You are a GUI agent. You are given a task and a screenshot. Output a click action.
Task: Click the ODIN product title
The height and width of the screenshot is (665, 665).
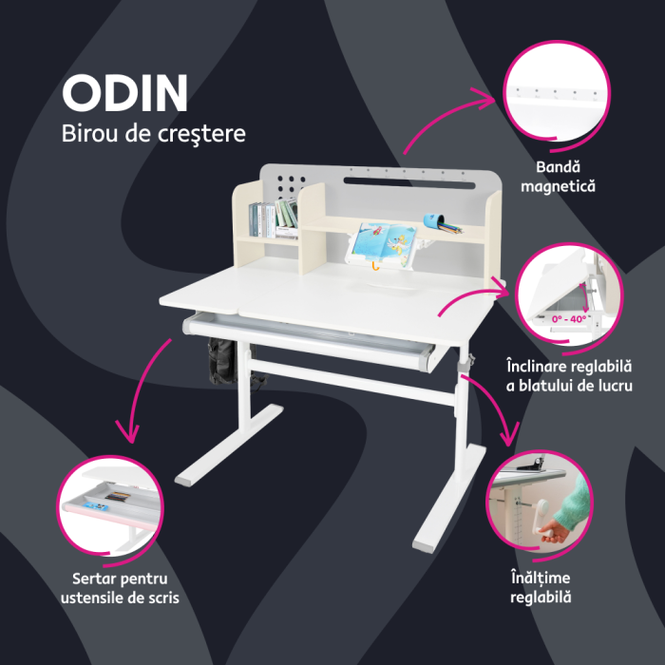click(125, 92)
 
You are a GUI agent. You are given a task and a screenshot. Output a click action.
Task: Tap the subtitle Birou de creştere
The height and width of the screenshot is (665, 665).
click(153, 134)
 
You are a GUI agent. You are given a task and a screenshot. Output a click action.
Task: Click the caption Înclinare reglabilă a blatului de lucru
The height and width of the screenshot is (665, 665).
click(569, 375)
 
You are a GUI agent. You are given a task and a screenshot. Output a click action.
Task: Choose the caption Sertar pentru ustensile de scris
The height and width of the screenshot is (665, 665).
click(119, 587)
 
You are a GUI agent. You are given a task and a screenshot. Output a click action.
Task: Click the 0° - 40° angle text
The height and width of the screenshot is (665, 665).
click(568, 319)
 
